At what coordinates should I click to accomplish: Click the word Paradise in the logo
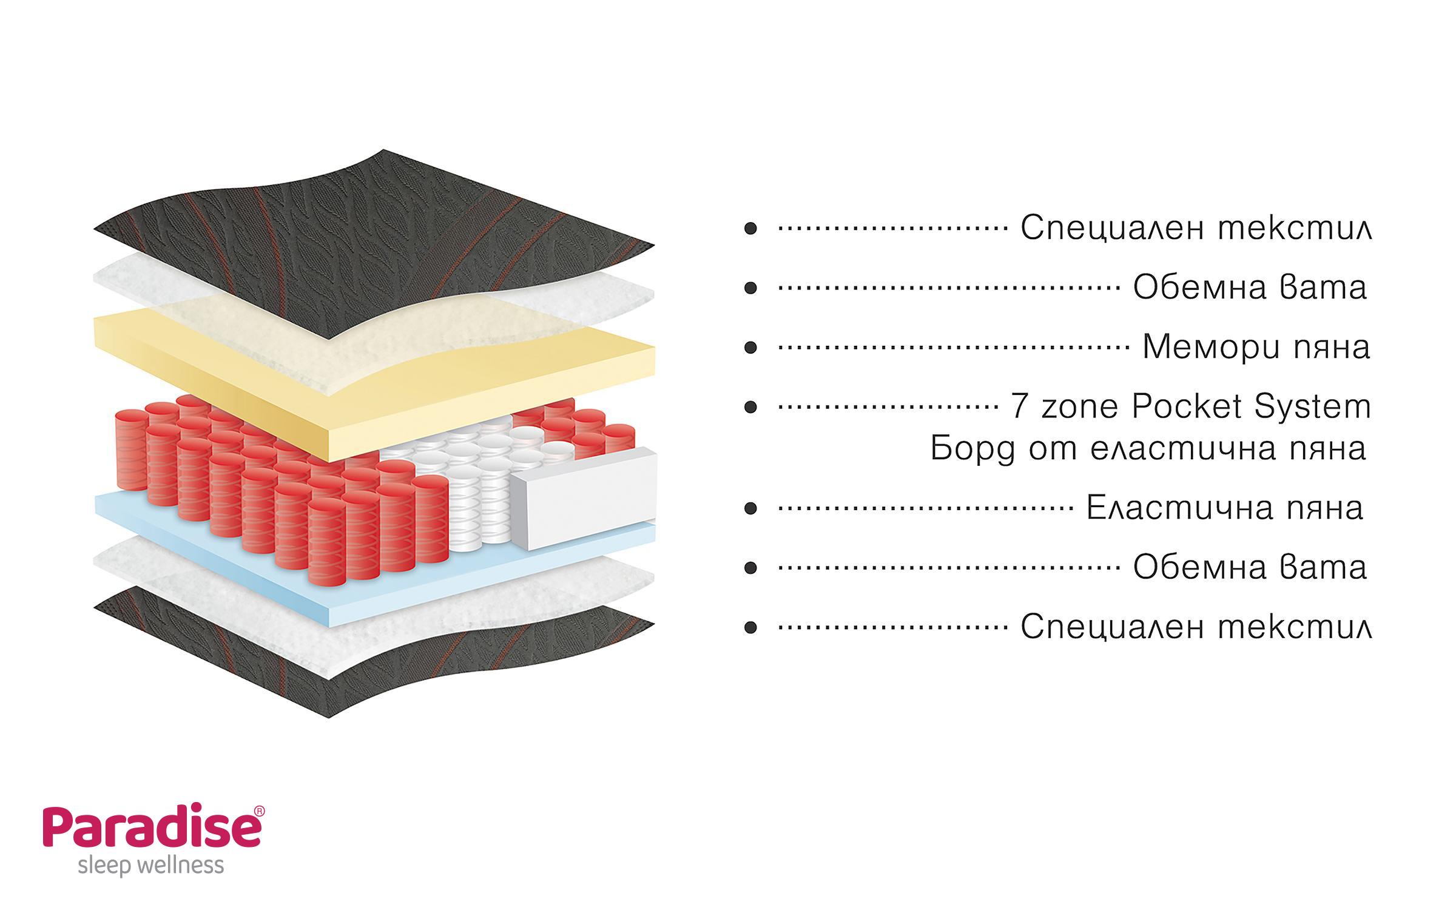click(x=152, y=827)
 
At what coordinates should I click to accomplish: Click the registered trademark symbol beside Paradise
click(x=259, y=811)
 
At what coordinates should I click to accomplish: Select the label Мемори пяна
click(x=1256, y=347)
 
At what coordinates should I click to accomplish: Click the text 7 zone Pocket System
click(x=1190, y=406)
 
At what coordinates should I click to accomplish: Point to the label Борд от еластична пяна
click(x=1148, y=449)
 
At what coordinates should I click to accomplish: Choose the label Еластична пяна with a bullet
click(x=1224, y=508)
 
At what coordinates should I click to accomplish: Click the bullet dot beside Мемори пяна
click(x=750, y=348)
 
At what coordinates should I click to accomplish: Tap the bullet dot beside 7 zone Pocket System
click(x=750, y=406)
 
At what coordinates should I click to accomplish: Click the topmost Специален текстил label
click(x=1196, y=228)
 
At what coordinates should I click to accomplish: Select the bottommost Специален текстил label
click(x=1196, y=627)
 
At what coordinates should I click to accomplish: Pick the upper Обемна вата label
click(x=1250, y=288)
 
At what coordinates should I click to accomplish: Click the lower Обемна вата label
click(x=1250, y=568)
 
